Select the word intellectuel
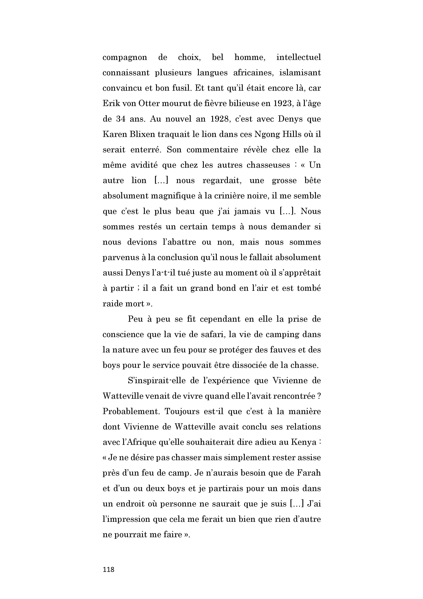pos(298,57)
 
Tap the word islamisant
pos(300,73)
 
